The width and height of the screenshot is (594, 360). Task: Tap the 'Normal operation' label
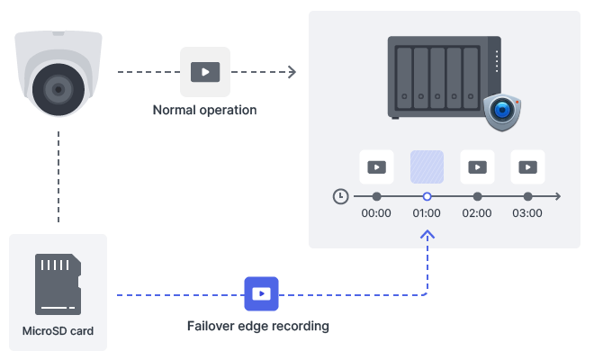(x=204, y=110)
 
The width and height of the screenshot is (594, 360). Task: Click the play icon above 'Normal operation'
(x=205, y=71)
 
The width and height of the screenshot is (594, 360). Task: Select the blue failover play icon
(x=261, y=293)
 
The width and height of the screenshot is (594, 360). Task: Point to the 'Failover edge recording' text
(x=258, y=326)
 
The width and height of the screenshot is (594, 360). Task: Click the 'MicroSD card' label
(x=58, y=330)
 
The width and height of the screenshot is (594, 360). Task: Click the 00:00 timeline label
(x=376, y=213)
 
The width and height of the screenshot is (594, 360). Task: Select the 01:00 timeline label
(x=427, y=213)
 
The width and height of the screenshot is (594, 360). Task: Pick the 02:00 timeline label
(x=477, y=213)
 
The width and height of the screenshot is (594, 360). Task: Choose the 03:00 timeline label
(x=527, y=213)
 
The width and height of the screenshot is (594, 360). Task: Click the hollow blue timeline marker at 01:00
(x=427, y=195)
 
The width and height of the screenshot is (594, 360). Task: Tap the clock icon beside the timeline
(x=340, y=195)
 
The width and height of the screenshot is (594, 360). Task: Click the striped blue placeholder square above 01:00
(x=427, y=166)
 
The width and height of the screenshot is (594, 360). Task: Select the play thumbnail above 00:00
(x=376, y=166)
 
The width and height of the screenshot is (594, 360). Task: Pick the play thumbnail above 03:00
(x=527, y=166)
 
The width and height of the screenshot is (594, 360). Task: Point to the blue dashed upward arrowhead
(x=427, y=234)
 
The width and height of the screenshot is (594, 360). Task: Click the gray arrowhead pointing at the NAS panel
(x=292, y=71)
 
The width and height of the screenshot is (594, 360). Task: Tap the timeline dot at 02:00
(x=477, y=195)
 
